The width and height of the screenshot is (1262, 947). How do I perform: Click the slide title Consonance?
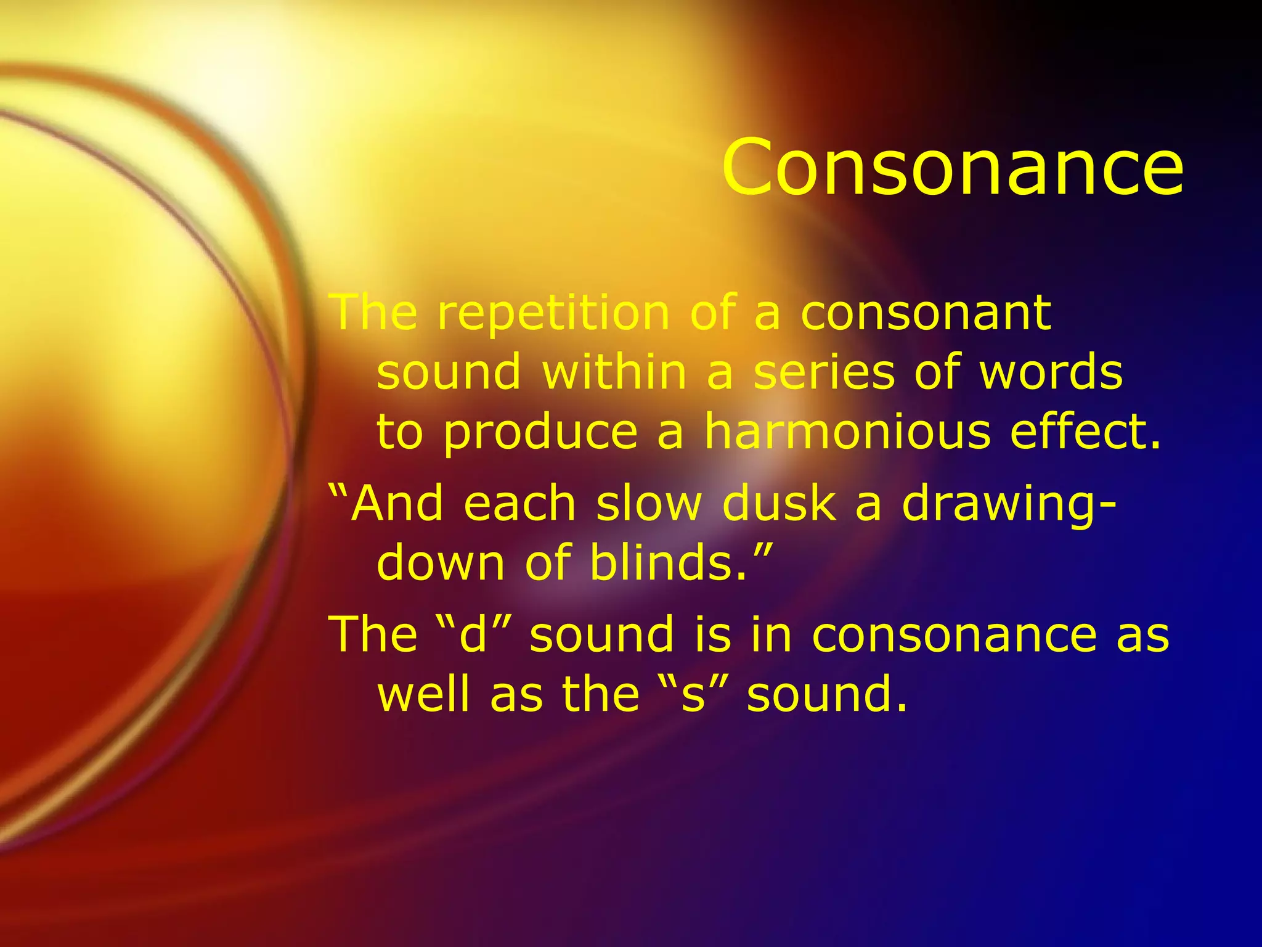click(952, 167)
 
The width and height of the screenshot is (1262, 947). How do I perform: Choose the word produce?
click(540, 433)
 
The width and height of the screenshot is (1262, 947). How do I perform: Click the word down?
click(441, 563)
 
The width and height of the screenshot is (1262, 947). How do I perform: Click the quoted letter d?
click(473, 634)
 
